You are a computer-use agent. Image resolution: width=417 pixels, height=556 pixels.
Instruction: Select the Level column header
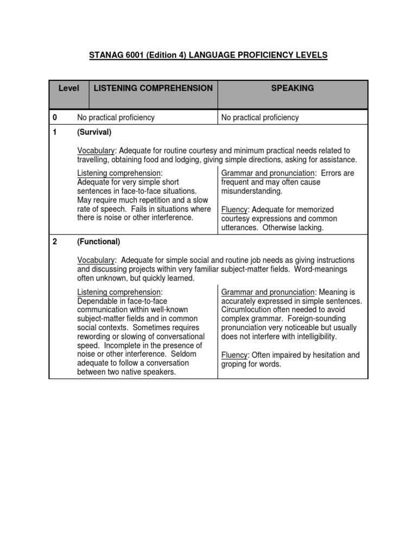68,88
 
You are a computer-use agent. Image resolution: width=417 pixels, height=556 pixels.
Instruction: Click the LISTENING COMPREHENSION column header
153,88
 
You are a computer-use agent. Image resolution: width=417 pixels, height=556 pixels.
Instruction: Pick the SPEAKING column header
293,88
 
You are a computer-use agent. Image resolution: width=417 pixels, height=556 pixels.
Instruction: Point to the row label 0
54,117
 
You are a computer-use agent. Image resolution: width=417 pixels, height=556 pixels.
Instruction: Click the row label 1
54,132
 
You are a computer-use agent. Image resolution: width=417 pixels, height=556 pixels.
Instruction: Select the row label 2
54,242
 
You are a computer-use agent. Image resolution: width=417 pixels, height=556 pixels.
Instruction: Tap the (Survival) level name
94,132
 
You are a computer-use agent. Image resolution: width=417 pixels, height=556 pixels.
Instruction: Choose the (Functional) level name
98,242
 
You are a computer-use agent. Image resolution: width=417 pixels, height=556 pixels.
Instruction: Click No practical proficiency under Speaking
260,117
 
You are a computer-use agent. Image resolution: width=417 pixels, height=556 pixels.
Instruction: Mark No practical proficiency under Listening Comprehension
116,117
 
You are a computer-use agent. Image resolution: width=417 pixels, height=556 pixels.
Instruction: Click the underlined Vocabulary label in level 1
96,150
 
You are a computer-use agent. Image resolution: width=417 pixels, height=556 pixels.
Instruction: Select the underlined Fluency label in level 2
234,355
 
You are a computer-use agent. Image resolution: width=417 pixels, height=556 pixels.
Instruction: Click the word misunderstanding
251,191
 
